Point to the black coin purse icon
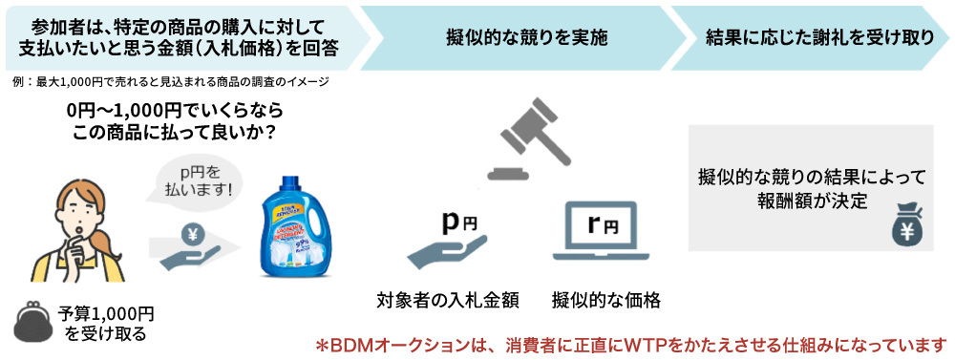pyautogui.click(x=33, y=320)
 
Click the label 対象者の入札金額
pyautogui.click(x=448, y=301)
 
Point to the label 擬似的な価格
pyautogui.click(x=606, y=301)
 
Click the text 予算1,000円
pyautogui.click(x=106, y=313)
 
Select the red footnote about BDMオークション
pyautogui.click(x=630, y=344)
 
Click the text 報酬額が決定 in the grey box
pyautogui.click(x=812, y=200)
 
